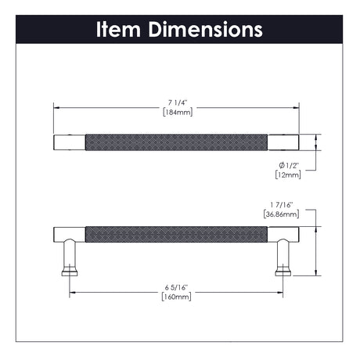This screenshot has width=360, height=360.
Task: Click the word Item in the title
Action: click(118, 30)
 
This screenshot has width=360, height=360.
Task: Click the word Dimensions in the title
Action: click(205, 30)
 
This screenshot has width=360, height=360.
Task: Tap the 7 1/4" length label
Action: click(178, 103)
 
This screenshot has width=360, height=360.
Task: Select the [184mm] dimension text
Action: click(178, 113)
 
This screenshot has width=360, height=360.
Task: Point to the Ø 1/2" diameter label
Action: click(288, 165)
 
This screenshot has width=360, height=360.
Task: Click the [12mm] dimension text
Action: click(288, 175)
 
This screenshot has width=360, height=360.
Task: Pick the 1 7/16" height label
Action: click(282, 205)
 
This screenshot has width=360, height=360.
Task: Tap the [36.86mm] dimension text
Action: click(281, 214)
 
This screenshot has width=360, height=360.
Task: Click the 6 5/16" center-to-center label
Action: click(176, 287)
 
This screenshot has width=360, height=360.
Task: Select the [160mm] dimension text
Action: click(176, 297)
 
